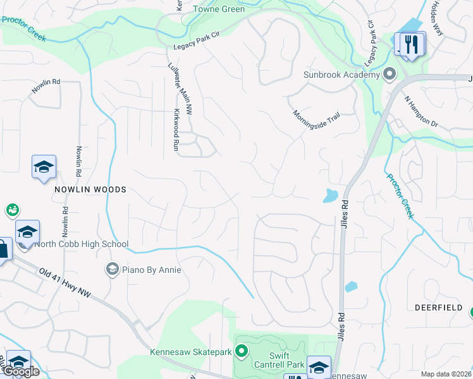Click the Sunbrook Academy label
point(341,75)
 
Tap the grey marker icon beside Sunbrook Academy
point(390,75)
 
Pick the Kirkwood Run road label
point(176,131)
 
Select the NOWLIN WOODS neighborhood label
point(90,189)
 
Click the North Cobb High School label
point(82,244)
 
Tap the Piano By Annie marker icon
point(112,270)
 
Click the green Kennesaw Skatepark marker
point(241,351)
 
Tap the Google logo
point(20,371)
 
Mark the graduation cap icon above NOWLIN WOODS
point(44,167)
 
